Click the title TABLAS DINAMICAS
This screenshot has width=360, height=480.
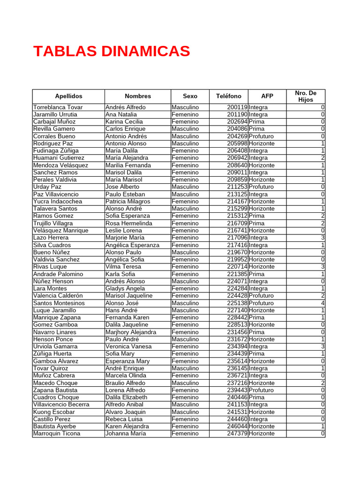point(112,51)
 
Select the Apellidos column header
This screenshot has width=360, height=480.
point(68,96)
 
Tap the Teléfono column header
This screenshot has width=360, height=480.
point(229,96)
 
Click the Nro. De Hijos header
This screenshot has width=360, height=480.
point(306,96)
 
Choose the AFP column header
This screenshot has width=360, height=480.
point(267,96)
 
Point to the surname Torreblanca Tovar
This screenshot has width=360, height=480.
point(58,107)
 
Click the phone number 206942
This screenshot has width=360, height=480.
point(237,158)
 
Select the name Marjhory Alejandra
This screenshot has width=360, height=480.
point(131,332)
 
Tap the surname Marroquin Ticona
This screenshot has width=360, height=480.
point(57,434)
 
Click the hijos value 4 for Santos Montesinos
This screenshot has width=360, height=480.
point(322,303)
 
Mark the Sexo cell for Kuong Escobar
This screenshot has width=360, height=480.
point(185,412)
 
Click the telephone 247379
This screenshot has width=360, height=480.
point(237,434)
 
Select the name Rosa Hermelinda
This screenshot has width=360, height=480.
point(129,224)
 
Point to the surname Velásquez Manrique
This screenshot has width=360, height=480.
point(60,231)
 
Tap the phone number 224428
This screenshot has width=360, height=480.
point(237,296)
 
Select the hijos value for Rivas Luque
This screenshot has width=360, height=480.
point(322,267)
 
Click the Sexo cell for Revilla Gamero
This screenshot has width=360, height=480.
point(185,129)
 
